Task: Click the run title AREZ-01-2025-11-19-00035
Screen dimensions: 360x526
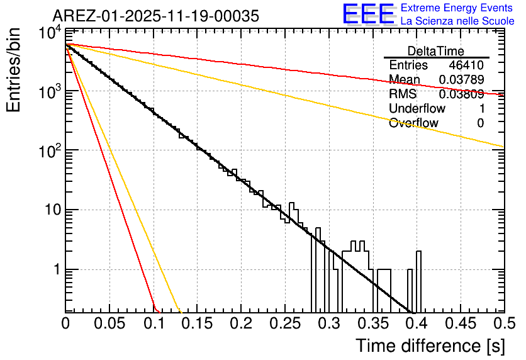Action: pos(155,16)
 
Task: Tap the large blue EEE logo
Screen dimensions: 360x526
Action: pos(367,14)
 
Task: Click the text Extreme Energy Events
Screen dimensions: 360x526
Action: pos(457,8)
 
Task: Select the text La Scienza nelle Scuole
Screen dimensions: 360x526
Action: pos(457,21)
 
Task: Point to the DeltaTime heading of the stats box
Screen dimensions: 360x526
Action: pos(436,51)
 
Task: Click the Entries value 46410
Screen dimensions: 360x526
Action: pos(466,65)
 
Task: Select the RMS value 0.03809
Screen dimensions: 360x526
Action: pos(461,94)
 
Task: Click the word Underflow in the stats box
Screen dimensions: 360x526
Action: pos(417,109)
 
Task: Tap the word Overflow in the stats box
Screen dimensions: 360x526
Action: pos(413,123)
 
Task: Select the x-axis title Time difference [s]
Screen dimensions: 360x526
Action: pos(430,346)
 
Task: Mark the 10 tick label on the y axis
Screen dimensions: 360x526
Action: pos(52,210)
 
